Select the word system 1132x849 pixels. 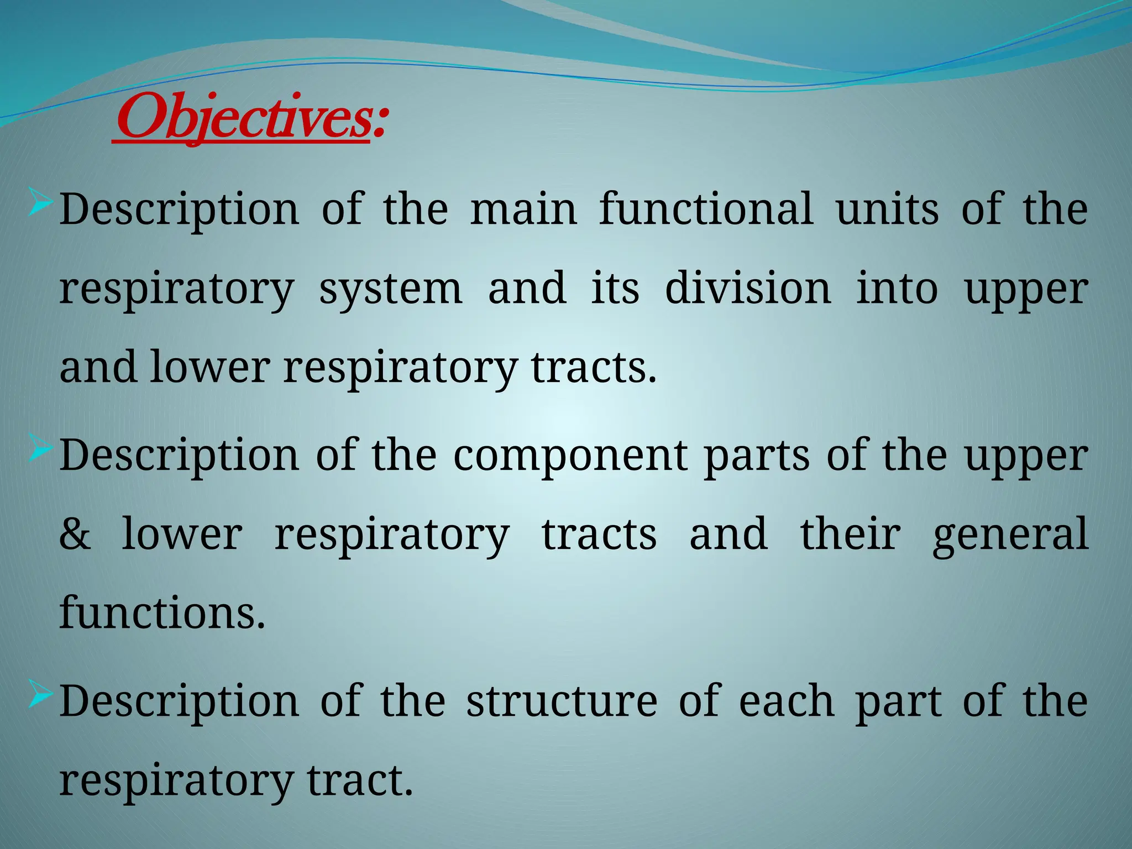pyautogui.click(x=391, y=289)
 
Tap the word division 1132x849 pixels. pyautogui.click(x=748, y=289)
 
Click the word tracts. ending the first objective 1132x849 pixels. pyautogui.click(x=594, y=368)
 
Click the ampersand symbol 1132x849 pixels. pyautogui.click(x=75, y=534)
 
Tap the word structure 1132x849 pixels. pyautogui.click(x=562, y=701)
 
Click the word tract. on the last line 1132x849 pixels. pyautogui.click(x=360, y=780)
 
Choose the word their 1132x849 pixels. pyautogui.click(x=850, y=534)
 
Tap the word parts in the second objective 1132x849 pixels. pyautogui.click(x=757, y=456)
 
